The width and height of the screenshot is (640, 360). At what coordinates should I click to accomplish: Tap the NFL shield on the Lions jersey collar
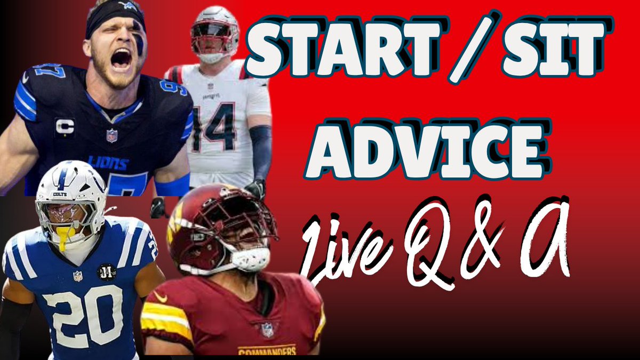(111, 135)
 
